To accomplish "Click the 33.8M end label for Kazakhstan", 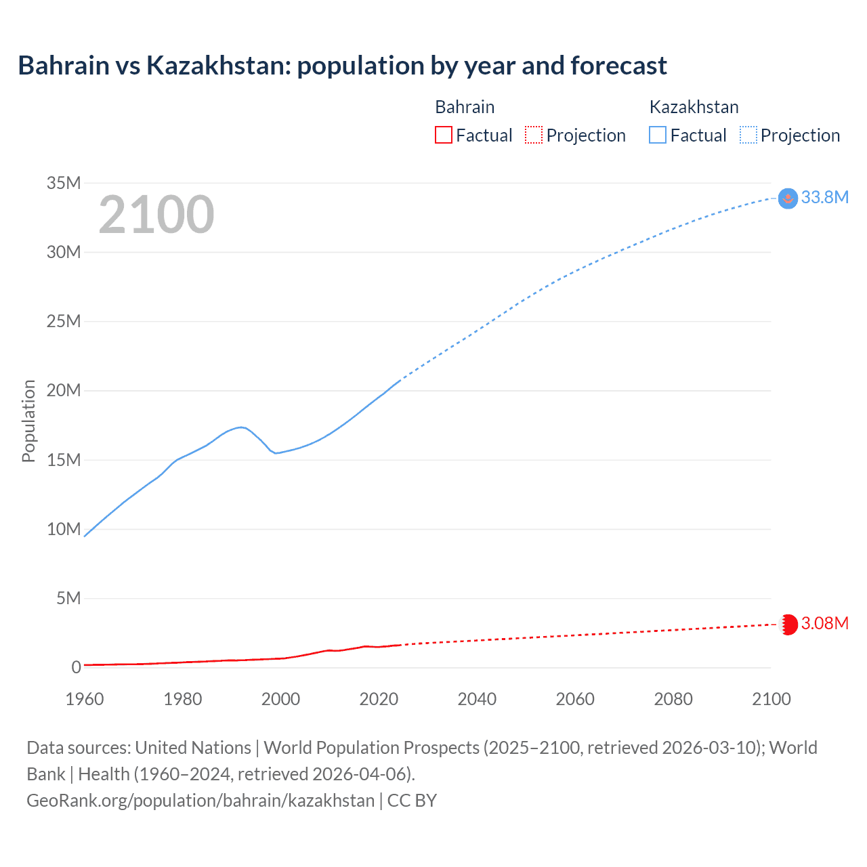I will coord(824,197).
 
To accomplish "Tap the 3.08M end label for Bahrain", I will coord(824,623).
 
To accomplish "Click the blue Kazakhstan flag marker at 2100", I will coord(788,198).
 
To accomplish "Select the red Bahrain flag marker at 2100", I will coord(788,624).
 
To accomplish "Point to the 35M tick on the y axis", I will coord(64,183).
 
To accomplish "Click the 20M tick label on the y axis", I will coord(64,391).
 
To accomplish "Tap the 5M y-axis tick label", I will coord(68,598).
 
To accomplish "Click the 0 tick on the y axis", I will coord(76,667).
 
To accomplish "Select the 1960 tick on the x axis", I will coord(85,699).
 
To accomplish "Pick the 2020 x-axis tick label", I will coord(379,699).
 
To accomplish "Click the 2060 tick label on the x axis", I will coord(575,699).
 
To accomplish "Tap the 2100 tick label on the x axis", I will coord(771,699).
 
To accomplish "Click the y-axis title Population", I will coord(28,421).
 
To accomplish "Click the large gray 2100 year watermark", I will coord(156,215).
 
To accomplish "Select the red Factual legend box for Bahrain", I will coord(443,135).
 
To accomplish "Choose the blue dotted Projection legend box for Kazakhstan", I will coord(748,135).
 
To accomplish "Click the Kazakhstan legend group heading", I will coord(694,107).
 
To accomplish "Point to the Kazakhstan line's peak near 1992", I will coord(241,427).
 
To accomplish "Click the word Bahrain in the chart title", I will coord(64,66).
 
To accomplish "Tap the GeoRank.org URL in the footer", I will coord(200,800).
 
